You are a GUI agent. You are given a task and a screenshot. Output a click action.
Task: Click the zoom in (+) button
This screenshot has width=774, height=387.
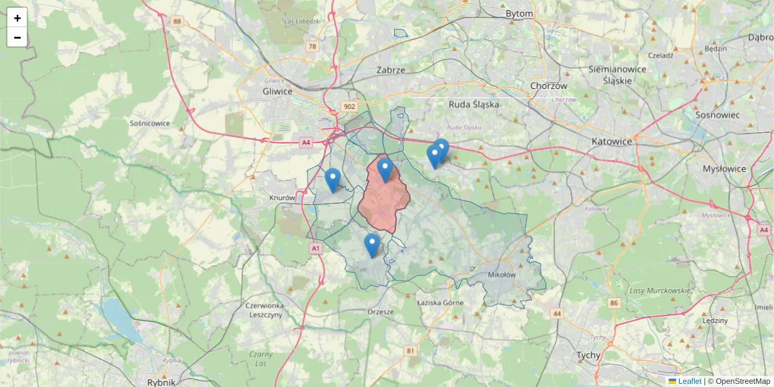[x=17, y=18]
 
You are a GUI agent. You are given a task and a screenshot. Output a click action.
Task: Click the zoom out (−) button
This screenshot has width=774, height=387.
[x=17, y=37]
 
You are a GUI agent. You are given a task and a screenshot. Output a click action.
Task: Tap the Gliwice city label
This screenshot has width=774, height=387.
[x=278, y=92]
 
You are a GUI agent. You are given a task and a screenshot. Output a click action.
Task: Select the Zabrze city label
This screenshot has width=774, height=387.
[x=390, y=70]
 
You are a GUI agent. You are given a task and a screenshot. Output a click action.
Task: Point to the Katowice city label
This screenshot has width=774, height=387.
[x=611, y=141]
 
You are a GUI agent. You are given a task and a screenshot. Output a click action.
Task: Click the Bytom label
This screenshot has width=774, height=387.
[x=519, y=14]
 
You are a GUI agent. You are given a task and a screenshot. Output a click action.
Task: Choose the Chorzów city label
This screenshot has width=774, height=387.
[x=548, y=86]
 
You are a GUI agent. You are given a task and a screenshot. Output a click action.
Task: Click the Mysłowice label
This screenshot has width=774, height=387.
[x=724, y=169]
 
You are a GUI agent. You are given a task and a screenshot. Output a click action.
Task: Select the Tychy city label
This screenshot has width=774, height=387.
[x=588, y=355]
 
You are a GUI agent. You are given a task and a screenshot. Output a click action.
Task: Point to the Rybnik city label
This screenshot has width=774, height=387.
[x=161, y=382]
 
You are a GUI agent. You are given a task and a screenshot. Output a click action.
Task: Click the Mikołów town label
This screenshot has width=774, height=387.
[x=502, y=275]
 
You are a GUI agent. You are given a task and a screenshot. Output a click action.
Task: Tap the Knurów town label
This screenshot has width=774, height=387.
[x=282, y=198]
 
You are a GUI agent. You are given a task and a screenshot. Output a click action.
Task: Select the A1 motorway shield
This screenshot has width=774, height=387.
[x=315, y=248]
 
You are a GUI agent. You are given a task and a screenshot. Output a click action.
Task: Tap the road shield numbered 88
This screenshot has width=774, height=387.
[x=177, y=22]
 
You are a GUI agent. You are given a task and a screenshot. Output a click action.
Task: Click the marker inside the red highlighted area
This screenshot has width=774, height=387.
[x=385, y=170]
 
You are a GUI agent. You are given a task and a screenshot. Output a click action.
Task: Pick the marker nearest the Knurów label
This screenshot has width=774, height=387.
[x=333, y=180]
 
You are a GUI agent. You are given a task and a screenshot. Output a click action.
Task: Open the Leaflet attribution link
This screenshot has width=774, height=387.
[x=690, y=381]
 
